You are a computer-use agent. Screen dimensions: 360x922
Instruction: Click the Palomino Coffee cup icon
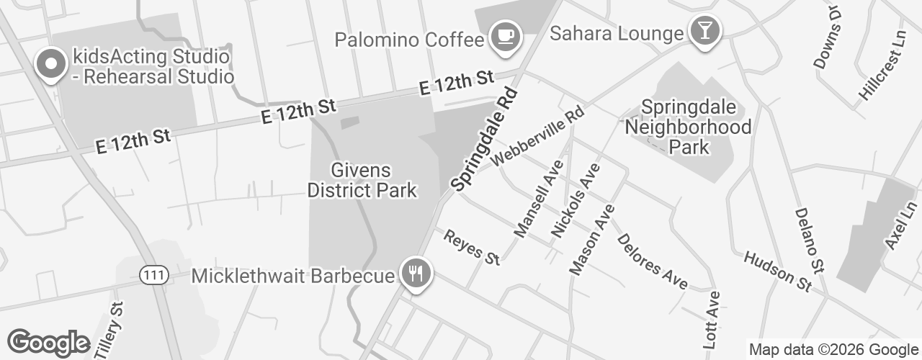[x=506, y=35]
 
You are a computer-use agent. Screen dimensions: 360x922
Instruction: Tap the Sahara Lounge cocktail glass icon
[x=700, y=30]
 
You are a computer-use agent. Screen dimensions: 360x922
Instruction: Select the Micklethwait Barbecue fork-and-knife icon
[x=416, y=274]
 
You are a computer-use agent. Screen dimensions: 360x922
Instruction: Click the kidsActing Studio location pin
[x=50, y=64]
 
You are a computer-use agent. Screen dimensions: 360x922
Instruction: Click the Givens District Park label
[x=362, y=180]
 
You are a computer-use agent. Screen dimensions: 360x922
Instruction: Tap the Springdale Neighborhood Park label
[x=688, y=127]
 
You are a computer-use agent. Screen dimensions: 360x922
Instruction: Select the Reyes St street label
[x=472, y=247]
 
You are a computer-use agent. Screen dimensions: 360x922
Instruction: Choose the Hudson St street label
[x=778, y=271]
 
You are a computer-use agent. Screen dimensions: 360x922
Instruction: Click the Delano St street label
[x=808, y=240]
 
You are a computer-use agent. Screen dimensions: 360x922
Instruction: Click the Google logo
[x=48, y=343]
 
